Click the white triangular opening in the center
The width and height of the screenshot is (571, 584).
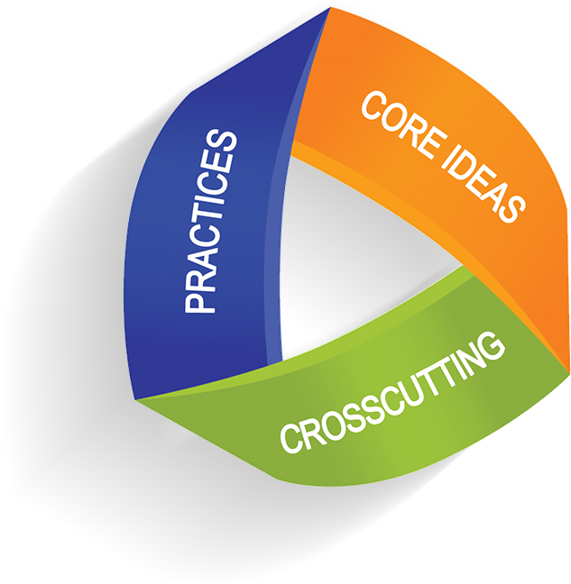[361, 252]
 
